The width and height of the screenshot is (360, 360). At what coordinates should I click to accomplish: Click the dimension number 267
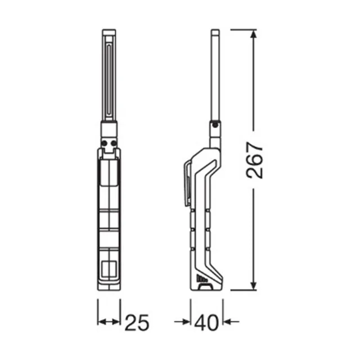pyautogui.click(x=254, y=160)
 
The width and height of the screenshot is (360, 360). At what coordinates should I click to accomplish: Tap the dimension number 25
pyautogui.click(x=137, y=322)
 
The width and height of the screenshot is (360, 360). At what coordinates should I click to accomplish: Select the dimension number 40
pyautogui.click(x=206, y=322)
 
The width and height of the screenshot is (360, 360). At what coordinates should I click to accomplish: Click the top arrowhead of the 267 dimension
pyautogui.click(x=253, y=34)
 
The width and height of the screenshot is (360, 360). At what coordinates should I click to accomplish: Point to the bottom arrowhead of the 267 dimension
pyautogui.click(x=253, y=285)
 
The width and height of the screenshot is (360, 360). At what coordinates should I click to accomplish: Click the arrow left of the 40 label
pyautogui.click(x=182, y=322)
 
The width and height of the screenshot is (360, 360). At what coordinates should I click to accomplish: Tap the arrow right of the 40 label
pyautogui.click(x=231, y=322)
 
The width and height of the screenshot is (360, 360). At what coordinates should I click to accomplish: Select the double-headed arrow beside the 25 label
pyautogui.click(x=109, y=322)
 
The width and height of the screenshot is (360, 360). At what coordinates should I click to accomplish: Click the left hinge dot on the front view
pyautogui.click(x=104, y=143)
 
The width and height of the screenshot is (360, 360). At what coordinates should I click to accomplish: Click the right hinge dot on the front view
pyautogui.click(x=114, y=143)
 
